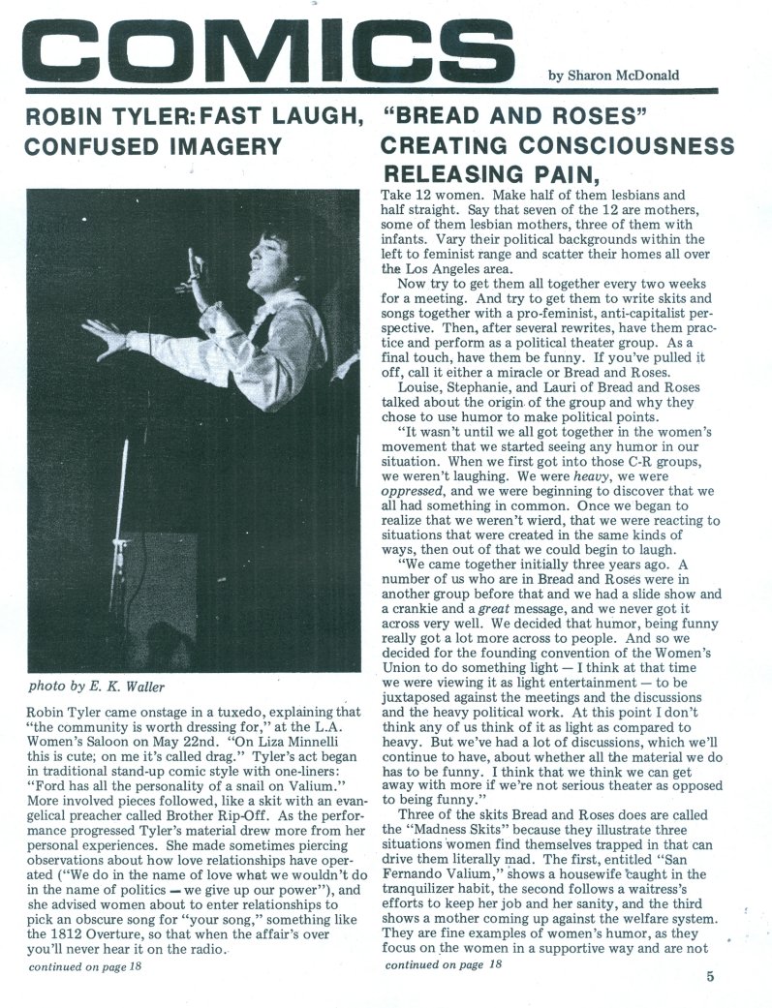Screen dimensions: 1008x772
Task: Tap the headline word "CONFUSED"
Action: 95,147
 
